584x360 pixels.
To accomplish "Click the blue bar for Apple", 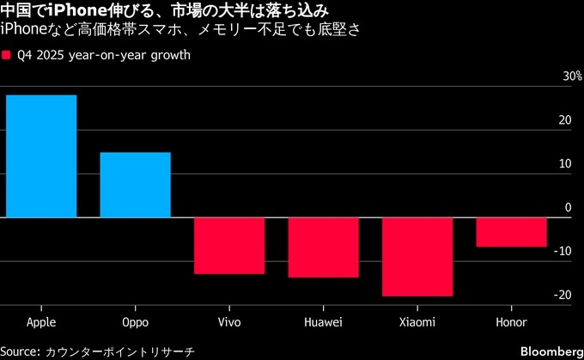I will click(x=41, y=156).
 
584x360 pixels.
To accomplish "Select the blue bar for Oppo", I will click(x=135, y=185).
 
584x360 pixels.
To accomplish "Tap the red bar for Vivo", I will click(x=228, y=246).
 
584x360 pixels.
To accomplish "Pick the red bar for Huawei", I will click(x=323, y=247).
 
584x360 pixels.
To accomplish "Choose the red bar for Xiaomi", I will click(x=417, y=257).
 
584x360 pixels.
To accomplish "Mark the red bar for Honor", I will click(x=511, y=232).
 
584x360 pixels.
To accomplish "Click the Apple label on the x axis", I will click(x=41, y=322).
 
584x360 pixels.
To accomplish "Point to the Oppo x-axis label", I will click(x=135, y=323).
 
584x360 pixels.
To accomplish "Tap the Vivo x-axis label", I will click(x=228, y=322).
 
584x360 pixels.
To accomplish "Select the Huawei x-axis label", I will click(x=323, y=322).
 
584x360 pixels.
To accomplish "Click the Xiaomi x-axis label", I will click(x=417, y=322).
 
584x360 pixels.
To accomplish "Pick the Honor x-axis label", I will click(x=511, y=322).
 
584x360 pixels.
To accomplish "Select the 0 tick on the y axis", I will click(x=568, y=207).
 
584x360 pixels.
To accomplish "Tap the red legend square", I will click(x=6, y=55).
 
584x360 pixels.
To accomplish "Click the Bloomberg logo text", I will click(x=549, y=351).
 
